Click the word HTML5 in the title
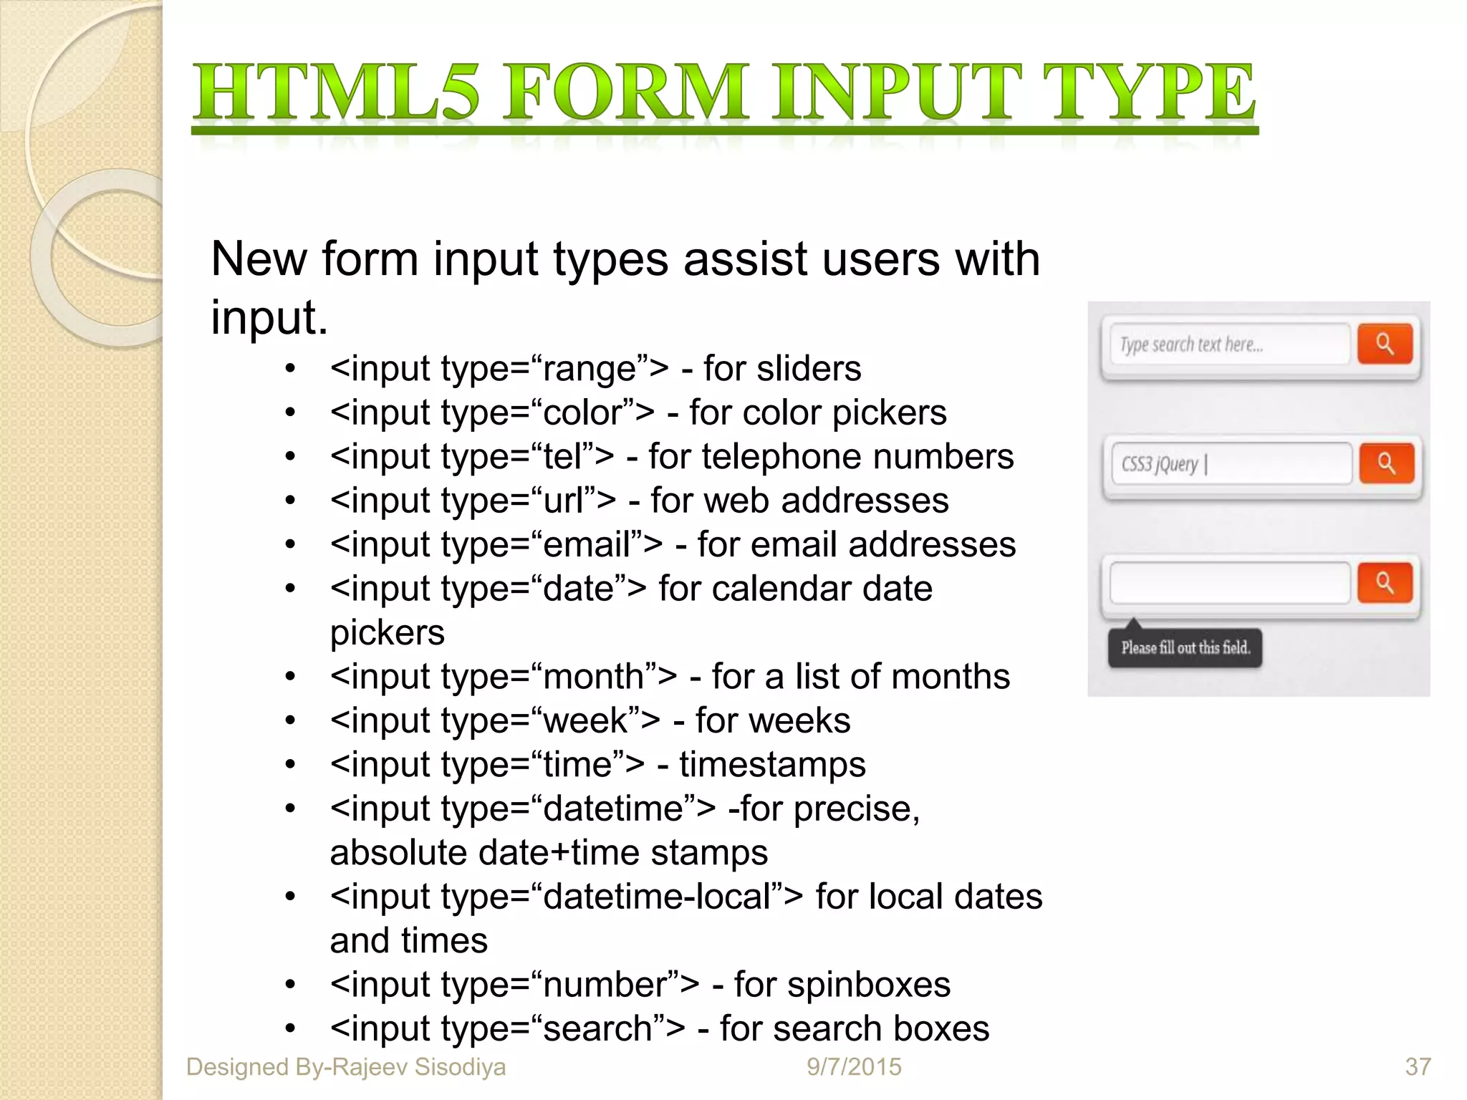337,93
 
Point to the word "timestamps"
772,765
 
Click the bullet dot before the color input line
290,413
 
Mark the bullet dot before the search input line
290,1029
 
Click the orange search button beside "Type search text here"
1385,344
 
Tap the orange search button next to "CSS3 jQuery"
1386,464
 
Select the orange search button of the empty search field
1385,583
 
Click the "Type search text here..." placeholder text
1191,345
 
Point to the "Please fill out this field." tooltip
1185,648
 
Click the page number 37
1418,1067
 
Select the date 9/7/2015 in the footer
854,1067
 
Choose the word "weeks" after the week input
809,720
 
